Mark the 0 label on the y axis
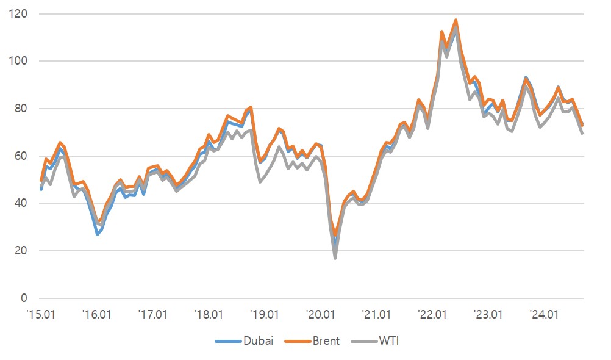25,298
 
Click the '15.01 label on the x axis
40,315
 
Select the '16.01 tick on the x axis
96,315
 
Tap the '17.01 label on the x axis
152,315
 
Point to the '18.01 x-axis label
209,315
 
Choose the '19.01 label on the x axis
265,315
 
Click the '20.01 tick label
321,315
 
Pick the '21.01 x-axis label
377,315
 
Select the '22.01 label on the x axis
433,315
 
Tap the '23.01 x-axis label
489,315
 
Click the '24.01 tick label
545,315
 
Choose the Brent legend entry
316,340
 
